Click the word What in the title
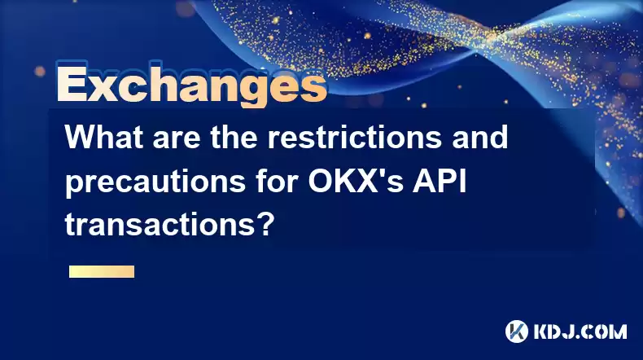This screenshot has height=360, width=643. pyautogui.click(x=104, y=137)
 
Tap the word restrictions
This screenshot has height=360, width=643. pyautogui.click(x=355, y=137)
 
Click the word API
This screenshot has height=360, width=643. pyautogui.click(x=440, y=181)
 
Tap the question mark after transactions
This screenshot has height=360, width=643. pyautogui.click(x=265, y=225)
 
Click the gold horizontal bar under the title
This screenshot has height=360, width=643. pyautogui.click(x=102, y=272)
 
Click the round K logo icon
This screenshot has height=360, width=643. pyautogui.click(x=517, y=331)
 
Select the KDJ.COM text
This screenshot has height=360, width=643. pyautogui.click(x=580, y=331)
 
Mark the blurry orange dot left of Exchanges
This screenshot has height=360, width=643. pyautogui.click(x=40, y=72)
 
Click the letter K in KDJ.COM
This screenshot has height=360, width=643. pyautogui.click(x=542, y=331)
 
